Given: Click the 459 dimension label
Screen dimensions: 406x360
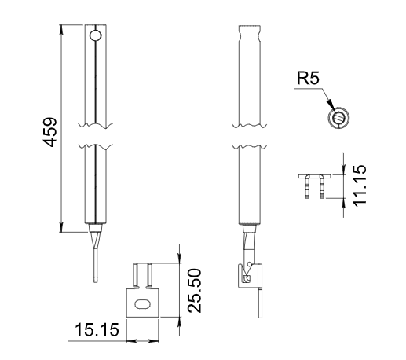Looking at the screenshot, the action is (x=49, y=132).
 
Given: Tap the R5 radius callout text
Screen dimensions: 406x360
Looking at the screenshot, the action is (x=308, y=78).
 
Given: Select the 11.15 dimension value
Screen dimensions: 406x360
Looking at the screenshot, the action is (x=359, y=186).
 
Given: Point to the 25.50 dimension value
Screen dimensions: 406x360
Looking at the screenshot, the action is (x=195, y=290).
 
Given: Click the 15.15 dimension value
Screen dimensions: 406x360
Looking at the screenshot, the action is (x=97, y=329).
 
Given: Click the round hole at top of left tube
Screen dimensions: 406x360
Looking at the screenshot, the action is (x=95, y=36).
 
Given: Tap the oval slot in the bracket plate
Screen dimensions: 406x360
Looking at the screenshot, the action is (x=142, y=304).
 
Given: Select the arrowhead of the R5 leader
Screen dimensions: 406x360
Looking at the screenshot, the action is (x=331, y=105).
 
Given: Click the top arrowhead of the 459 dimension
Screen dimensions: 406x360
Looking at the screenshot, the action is (x=61, y=30).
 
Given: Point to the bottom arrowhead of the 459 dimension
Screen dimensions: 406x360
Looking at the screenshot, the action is (x=61, y=227).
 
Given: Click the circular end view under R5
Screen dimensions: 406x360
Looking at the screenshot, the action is (x=338, y=118).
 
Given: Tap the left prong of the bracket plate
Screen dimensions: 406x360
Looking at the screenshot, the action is (x=136, y=275).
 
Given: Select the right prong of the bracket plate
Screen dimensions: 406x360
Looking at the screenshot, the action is (x=149, y=275).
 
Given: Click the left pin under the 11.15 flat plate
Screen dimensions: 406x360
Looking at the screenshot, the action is (x=308, y=187).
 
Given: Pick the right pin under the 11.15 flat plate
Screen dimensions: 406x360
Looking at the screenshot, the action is (x=322, y=187).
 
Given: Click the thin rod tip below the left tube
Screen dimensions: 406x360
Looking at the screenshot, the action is (x=96, y=280).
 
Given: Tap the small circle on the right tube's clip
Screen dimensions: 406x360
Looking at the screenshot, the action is (x=250, y=264).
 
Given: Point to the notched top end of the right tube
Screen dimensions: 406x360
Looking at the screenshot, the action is (x=250, y=34).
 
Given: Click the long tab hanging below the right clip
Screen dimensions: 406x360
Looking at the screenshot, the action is (x=260, y=303).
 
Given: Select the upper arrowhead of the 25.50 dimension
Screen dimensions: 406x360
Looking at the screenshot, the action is (x=179, y=259).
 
